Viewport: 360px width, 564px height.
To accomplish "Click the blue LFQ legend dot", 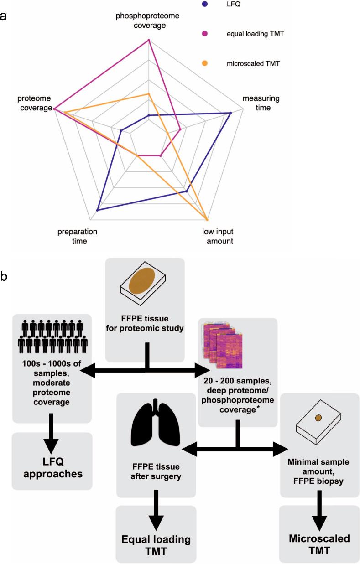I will click(205, 5).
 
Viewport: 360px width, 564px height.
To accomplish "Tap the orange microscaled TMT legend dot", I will click(205, 64).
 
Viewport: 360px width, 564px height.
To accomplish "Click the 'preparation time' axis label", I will click(78, 236).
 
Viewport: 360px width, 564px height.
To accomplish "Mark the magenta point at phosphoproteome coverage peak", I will click(149, 40).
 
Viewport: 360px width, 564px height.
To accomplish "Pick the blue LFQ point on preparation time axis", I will click(97, 210).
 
